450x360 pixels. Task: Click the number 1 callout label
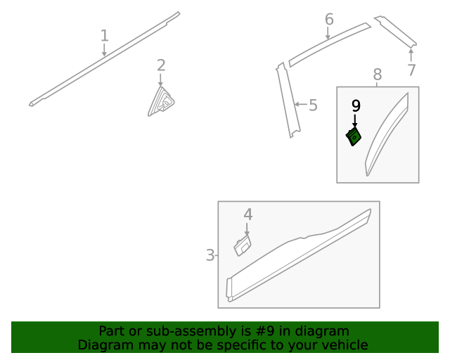(x=105, y=36)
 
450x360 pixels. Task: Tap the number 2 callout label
(x=161, y=65)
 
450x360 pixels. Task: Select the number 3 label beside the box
(x=210, y=255)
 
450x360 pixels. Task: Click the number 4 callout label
(x=248, y=214)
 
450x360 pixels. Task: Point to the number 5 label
(x=313, y=105)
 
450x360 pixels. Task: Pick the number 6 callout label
(x=329, y=19)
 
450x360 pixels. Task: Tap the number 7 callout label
(x=411, y=70)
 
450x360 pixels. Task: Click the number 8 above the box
(x=378, y=75)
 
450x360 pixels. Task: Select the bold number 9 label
(x=356, y=105)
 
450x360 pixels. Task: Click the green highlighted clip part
(x=353, y=136)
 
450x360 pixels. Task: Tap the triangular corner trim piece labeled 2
(x=161, y=102)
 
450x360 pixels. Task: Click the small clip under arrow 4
(x=243, y=245)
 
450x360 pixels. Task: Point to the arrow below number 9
(x=355, y=120)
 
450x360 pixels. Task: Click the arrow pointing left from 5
(x=301, y=104)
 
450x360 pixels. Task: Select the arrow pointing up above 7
(x=411, y=55)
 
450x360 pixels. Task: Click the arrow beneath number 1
(x=104, y=50)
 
